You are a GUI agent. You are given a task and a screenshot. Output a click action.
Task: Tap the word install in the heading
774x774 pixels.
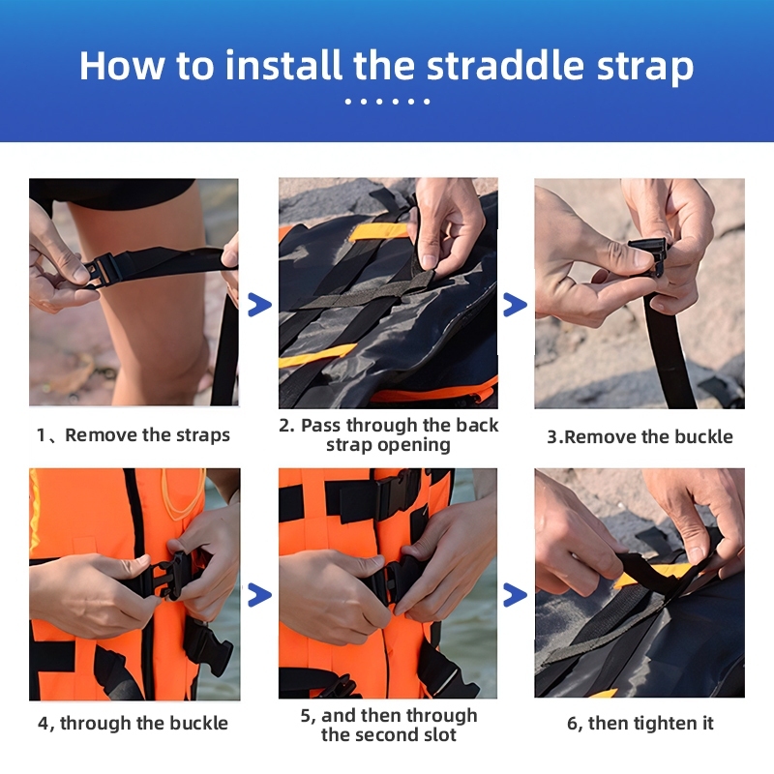[283, 65]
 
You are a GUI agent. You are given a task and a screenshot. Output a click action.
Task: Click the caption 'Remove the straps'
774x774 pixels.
[148, 434]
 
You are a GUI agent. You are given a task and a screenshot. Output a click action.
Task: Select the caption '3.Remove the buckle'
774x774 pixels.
[640, 437]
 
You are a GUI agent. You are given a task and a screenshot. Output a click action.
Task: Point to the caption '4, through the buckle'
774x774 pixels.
[133, 723]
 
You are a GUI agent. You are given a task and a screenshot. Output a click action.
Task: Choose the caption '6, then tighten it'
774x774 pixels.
[640, 723]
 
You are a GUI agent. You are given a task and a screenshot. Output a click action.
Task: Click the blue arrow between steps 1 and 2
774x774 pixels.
[259, 305]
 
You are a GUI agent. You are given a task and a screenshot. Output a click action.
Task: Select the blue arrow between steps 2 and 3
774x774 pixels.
[516, 305]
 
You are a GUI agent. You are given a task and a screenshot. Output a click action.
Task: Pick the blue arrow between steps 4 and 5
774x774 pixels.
[259, 595]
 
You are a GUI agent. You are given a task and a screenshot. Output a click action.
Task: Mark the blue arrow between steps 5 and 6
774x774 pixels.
[516, 595]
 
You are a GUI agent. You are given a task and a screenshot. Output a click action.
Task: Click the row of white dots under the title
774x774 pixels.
[388, 102]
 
